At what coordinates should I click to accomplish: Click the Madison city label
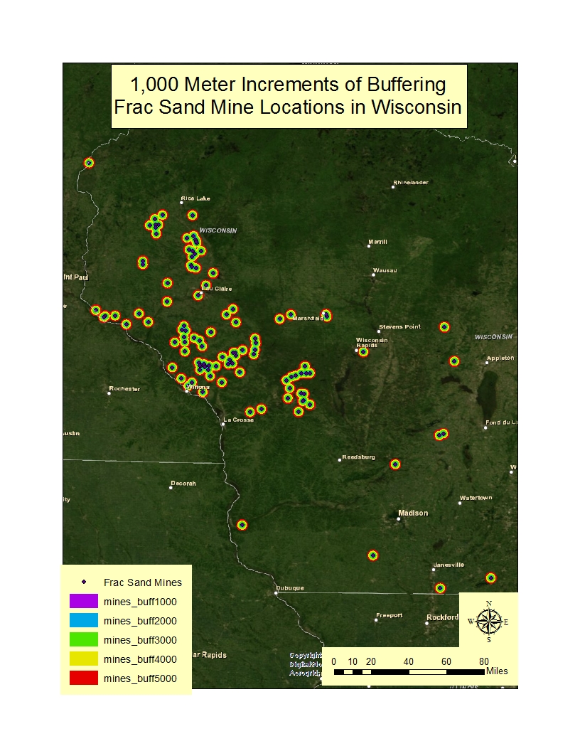click(x=413, y=513)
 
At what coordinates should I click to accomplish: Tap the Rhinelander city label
click(x=412, y=183)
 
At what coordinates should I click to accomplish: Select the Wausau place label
click(x=385, y=270)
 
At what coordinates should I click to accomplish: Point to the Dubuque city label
click(x=291, y=588)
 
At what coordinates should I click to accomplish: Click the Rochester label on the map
click(x=124, y=389)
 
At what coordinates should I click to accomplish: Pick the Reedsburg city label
click(x=358, y=457)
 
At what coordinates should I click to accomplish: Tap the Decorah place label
click(x=183, y=484)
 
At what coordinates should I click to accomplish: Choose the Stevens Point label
click(x=399, y=327)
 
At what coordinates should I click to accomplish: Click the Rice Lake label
click(x=195, y=198)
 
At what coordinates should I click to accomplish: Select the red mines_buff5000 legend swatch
click(x=82, y=678)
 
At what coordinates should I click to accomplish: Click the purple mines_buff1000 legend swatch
click(x=82, y=602)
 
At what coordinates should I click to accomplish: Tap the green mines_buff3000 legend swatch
click(x=82, y=640)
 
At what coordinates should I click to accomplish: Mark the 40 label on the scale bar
click(x=409, y=661)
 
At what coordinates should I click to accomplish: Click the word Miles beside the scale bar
click(x=497, y=671)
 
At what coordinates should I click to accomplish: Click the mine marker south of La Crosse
click(x=242, y=525)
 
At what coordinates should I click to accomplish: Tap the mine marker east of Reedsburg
click(x=395, y=464)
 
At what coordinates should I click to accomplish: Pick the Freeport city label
click(x=390, y=615)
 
